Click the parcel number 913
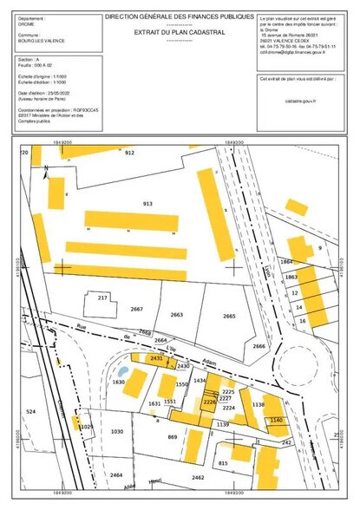tap(147, 203)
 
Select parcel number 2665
tap(229, 316)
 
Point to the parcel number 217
tap(101, 297)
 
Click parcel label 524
tap(31, 410)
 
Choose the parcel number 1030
tap(118, 431)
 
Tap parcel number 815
tap(223, 464)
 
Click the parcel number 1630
tap(119, 382)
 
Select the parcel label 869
tap(172, 436)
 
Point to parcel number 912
tap(130, 153)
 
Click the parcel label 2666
tap(259, 346)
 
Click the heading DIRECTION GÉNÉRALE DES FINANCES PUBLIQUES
tap(180, 16)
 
